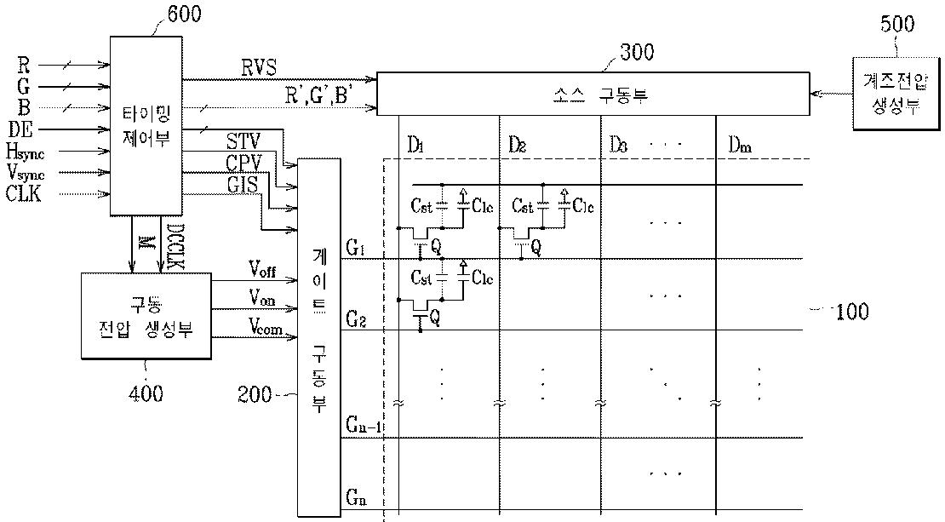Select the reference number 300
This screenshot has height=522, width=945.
click(x=632, y=52)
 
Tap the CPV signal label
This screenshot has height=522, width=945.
click(x=243, y=161)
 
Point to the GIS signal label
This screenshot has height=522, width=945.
click(x=243, y=181)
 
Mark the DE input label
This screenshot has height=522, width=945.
click(x=20, y=129)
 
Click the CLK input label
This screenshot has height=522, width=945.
click(x=24, y=194)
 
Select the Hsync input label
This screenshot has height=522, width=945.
click(x=25, y=152)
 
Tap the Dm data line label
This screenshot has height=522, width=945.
click(x=739, y=146)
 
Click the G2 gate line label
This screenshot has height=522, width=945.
click(x=356, y=319)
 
